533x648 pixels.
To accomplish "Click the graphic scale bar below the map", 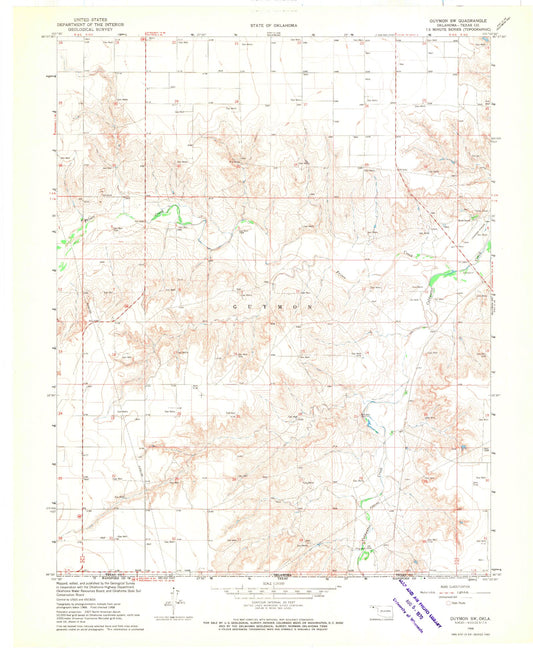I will point(266,586).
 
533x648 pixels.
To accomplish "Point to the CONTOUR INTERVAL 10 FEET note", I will point(266,598).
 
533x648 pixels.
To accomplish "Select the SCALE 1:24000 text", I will point(266,578).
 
